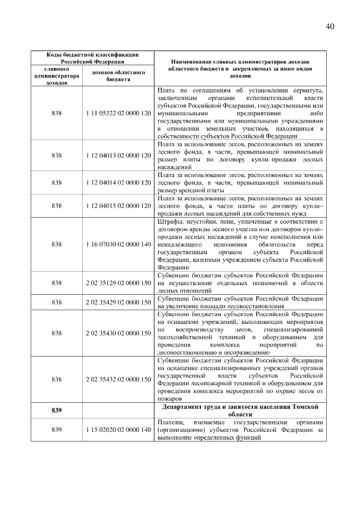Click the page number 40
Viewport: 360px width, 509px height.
coord(330,26)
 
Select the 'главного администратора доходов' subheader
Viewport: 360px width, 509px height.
coord(56,75)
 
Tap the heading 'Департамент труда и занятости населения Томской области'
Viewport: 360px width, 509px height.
coord(240,410)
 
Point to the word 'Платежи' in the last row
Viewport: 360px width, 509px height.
coord(171,422)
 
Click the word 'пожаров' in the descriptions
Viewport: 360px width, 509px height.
coord(170,399)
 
